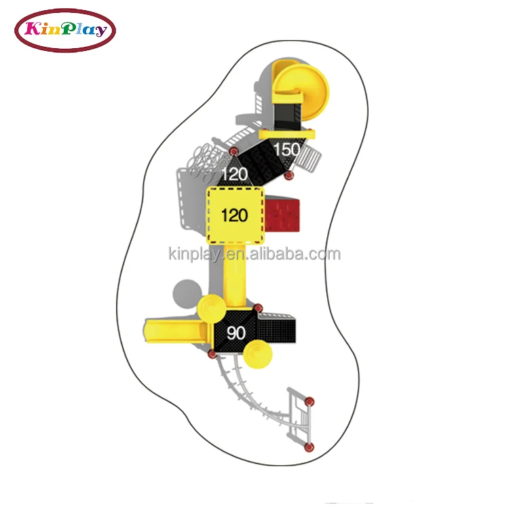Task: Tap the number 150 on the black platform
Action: coord(287,149)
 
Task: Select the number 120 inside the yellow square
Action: coord(235,216)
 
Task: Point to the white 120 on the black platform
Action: coord(234,174)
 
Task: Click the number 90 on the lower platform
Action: coord(236,333)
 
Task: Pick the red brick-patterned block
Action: coord(282,216)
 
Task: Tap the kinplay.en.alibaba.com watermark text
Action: coord(254,254)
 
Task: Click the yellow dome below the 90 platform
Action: coord(259,354)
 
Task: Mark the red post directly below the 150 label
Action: coord(288,176)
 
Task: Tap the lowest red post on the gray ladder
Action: coord(309,446)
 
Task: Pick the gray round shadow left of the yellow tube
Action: coord(185,293)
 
